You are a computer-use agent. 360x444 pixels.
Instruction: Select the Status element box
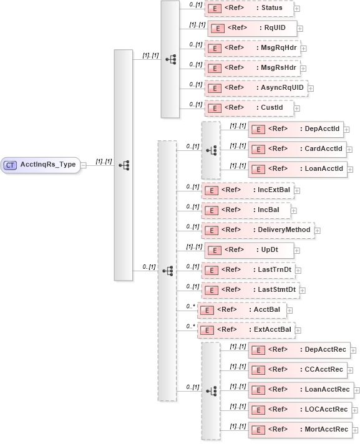point(248,8)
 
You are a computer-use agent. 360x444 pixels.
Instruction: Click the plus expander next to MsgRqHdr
point(304,49)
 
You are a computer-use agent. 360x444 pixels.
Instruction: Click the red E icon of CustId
point(213,108)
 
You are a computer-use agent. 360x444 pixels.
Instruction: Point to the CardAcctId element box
point(298,149)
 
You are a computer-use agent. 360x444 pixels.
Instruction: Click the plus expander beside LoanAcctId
point(351,170)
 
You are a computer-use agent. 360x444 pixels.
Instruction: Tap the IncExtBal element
point(248,190)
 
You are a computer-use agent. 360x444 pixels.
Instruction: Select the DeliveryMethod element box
point(257,230)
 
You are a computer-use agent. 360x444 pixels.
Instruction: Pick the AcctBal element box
point(241,310)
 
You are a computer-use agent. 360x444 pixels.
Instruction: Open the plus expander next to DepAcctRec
point(353,350)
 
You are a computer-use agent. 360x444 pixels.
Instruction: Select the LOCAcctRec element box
point(298,410)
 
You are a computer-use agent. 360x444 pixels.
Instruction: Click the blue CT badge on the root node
point(11,165)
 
